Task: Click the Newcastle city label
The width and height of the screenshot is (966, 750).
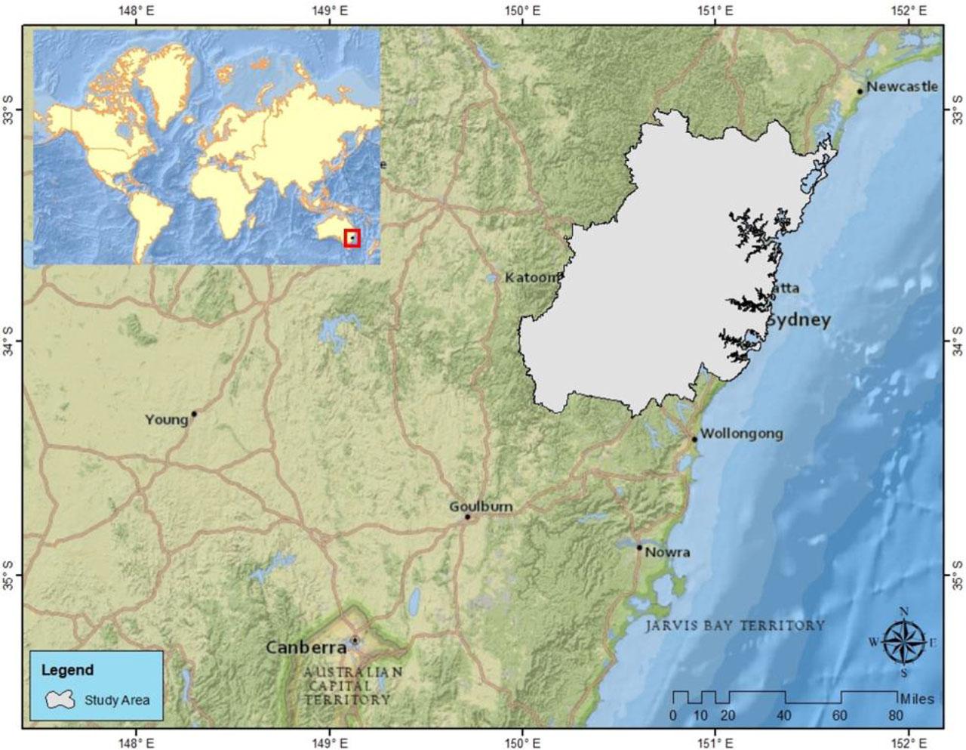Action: point(902,86)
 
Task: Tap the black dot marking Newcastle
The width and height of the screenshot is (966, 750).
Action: point(860,91)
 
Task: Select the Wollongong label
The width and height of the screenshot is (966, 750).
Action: point(741,434)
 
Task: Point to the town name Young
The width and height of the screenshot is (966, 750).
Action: point(166,419)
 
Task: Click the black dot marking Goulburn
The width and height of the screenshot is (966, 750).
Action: point(468,517)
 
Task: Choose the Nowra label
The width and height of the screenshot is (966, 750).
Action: point(667,552)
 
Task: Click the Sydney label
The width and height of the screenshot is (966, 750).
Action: point(798,319)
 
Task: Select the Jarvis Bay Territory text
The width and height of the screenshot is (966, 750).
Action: point(735,625)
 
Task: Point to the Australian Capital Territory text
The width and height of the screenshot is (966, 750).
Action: point(352,686)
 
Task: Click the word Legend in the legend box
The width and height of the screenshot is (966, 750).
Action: point(67,670)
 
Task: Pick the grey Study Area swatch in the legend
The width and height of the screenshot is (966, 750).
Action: point(61,699)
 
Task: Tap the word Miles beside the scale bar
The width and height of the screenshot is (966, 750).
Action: point(916,699)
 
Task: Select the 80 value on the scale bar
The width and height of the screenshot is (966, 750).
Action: point(896,716)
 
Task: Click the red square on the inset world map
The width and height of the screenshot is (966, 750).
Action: point(352,238)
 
